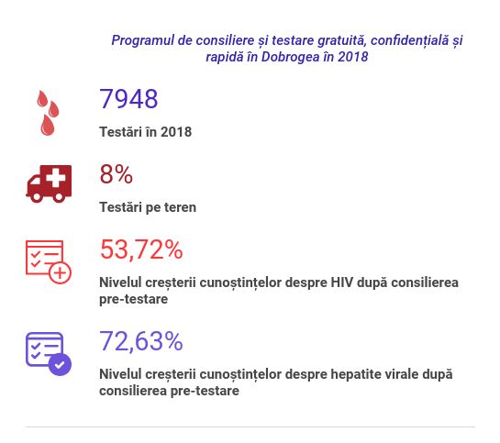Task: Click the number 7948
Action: click(x=128, y=99)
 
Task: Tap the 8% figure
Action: click(x=117, y=174)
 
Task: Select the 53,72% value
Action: click(x=141, y=249)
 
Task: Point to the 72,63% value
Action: click(x=141, y=341)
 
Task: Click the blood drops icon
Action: click(x=48, y=113)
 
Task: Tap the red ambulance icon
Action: click(x=49, y=183)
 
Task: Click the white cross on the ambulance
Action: click(x=56, y=178)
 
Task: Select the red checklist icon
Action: click(x=48, y=261)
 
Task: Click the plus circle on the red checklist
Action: click(x=60, y=272)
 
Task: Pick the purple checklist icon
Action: click(x=48, y=353)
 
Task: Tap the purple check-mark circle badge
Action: click(x=60, y=365)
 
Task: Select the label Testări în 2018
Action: click(x=145, y=132)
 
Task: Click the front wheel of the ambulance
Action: click(x=37, y=196)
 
